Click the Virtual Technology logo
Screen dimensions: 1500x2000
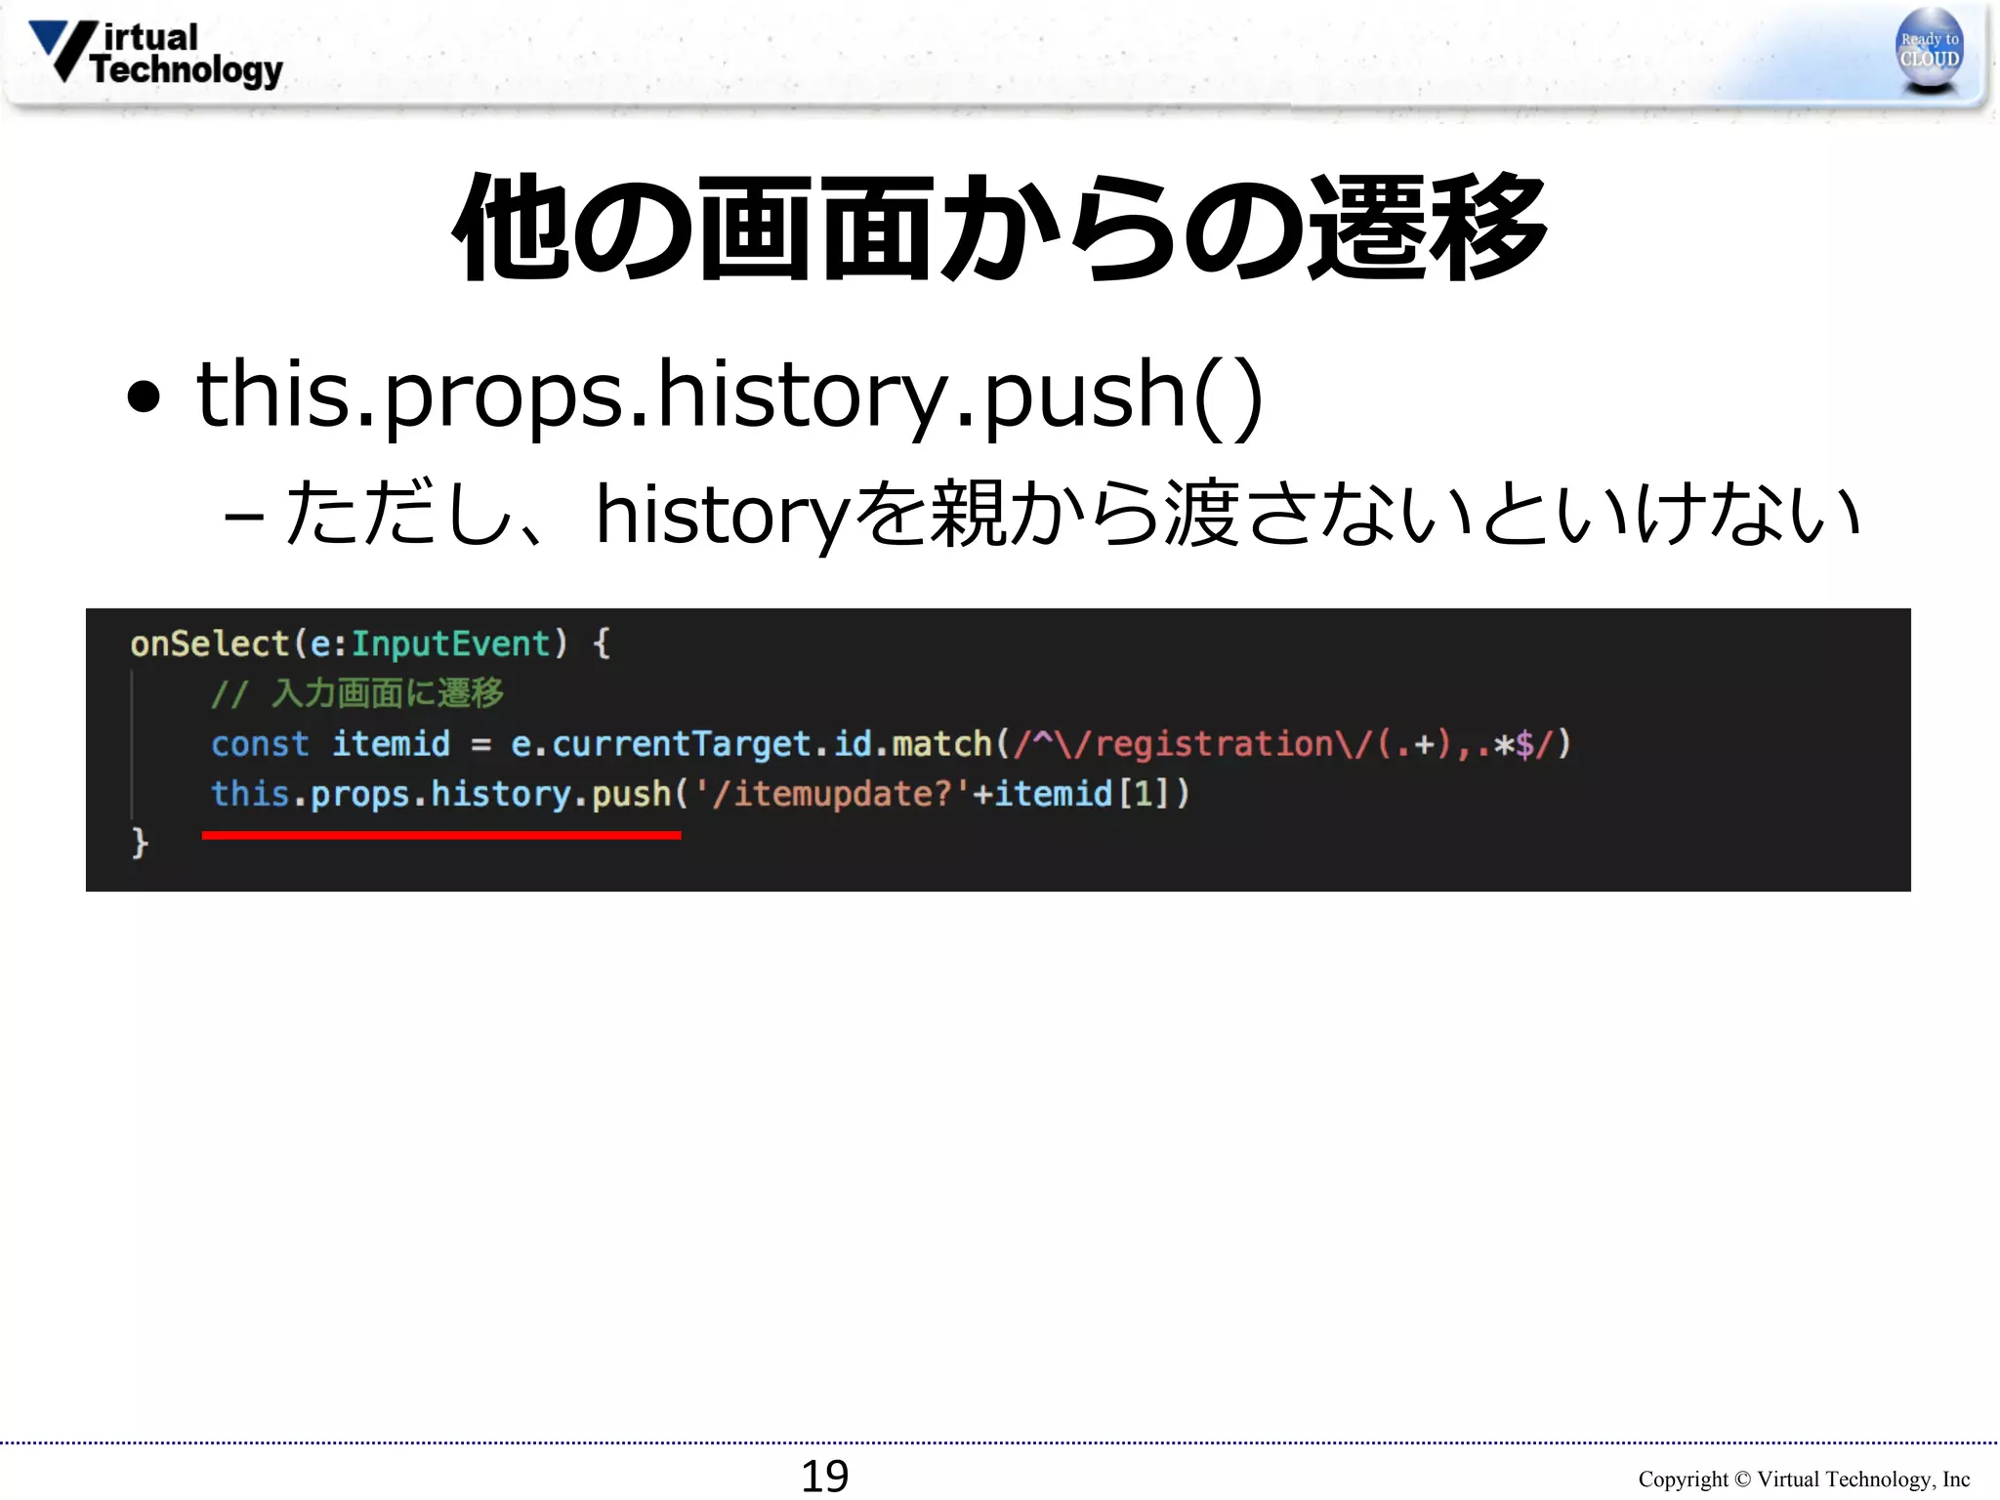pyautogui.click(x=156, y=54)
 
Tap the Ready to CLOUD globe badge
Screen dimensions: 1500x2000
pyautogui.click(x=1929, y=50)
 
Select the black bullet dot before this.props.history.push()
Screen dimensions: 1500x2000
pyautogui.click(x=144, y=396)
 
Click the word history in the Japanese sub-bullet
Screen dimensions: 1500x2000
pyautogui.click(x=723, y=514)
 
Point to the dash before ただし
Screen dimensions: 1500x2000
pyautogui.click(x=243, y=516)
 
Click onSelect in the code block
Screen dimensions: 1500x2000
pyautogui.click(x=209, y=645)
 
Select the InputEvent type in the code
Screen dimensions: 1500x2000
pyautogui.click(x=450, y=645)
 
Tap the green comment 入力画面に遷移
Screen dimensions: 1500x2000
pyautogui.click(x=387, y=693)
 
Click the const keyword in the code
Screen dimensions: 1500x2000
pyautogui.click(x=260, y=744)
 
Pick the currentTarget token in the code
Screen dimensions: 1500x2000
pyautogui.click(x=681, y=744)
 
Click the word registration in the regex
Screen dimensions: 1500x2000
pyautogui.click(x=1214, y=744)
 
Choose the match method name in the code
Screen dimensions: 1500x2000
pyautogui.click(x=941, y=744)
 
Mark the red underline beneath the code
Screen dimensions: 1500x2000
pyautogui.click(x=441, y=835)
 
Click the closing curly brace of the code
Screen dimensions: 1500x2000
pyautogui.click(x=140, y=842)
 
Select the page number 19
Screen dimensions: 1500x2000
pyautogui.click(x=824, y=1475)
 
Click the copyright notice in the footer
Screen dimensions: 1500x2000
pyautogui.click(x=1803, y=1479)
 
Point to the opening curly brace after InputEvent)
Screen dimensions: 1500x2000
pyautogui.click(x=602, y=645)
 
